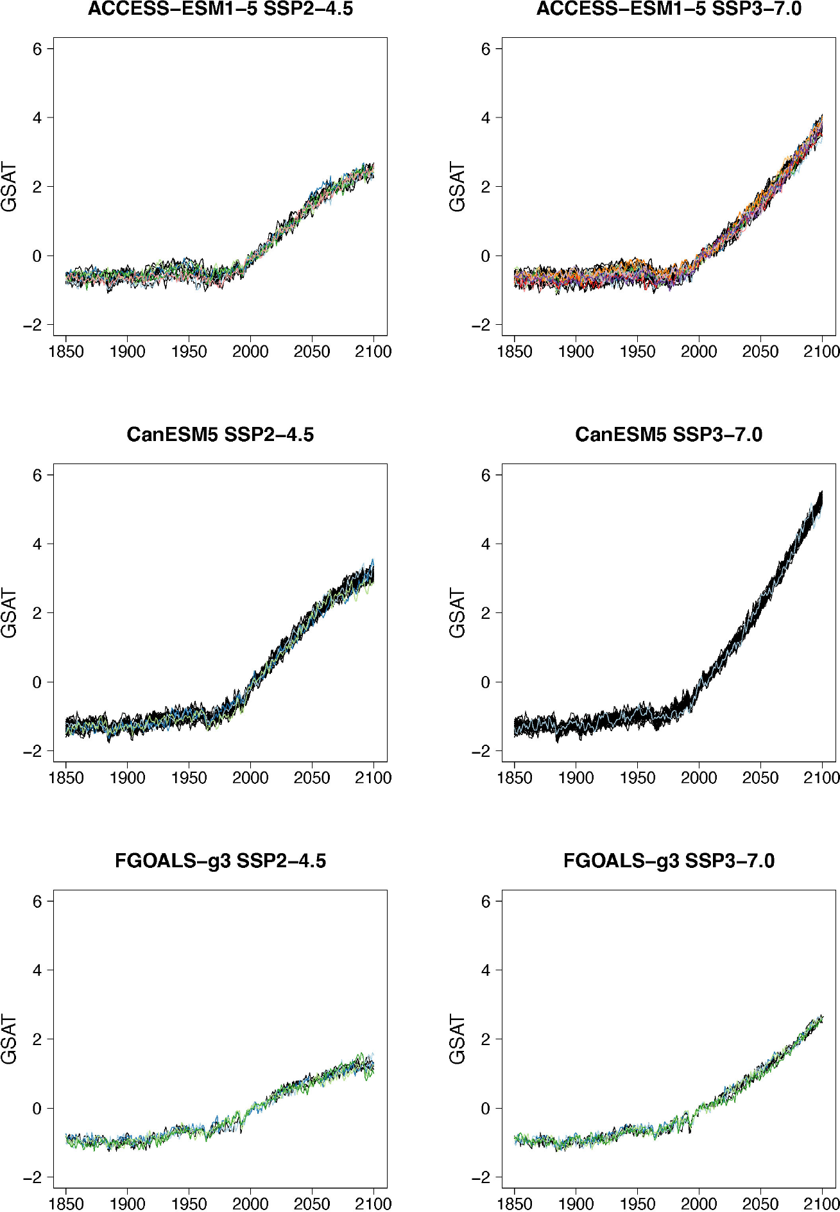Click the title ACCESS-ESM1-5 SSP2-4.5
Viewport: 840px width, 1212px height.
coord(220,9)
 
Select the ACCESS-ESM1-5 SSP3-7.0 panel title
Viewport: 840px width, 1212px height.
coord(669,9)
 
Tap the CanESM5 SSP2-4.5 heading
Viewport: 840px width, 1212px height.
coord(220,435)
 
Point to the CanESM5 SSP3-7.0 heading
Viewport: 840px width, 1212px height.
coord(669,435)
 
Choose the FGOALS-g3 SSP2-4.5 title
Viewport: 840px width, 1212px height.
coord(220,860)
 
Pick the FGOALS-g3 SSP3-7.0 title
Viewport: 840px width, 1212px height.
coord(669,860)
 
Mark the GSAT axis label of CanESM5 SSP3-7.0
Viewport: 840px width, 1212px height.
coord(458,613)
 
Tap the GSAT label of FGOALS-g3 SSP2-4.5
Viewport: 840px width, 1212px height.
coord(9,1039)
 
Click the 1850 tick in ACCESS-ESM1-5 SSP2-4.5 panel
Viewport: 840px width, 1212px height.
coord(66,352)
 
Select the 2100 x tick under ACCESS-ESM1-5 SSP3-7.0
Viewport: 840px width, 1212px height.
coord(822,352)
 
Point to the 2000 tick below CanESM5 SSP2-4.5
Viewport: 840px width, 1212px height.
coord(250,778)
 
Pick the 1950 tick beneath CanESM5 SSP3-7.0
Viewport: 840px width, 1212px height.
coord(637,778)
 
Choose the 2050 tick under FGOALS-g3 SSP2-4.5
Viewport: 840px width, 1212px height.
coord(312,1204)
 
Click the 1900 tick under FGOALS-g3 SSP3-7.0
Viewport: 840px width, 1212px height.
coord(576,1204)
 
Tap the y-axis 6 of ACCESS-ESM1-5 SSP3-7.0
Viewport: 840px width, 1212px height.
coord(486,49)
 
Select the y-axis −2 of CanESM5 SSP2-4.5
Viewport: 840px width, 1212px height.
coord(32,751)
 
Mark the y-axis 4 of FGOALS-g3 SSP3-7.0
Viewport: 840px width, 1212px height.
coord(486,970)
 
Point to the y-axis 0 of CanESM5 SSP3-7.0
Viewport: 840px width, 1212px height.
coord(486,682)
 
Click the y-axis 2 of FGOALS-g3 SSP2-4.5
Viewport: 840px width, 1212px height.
coord(37,1039)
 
